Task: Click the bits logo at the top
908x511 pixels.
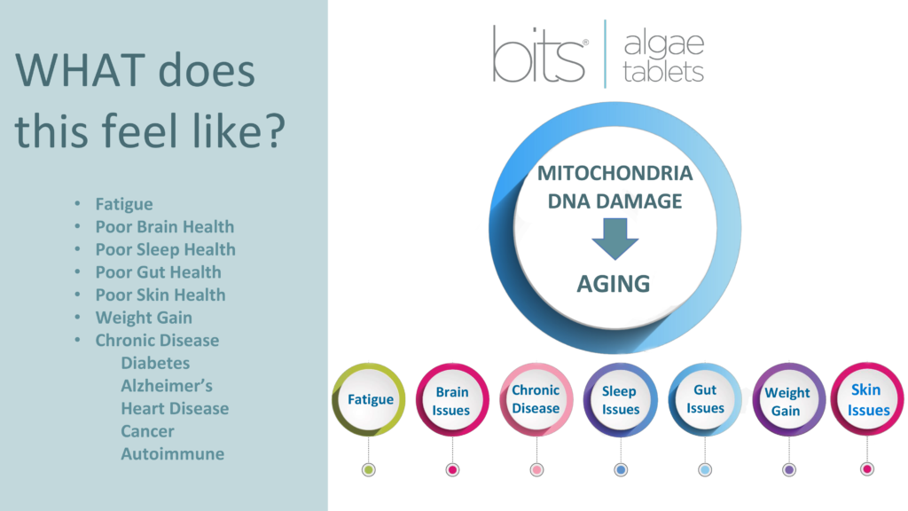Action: [539, 54]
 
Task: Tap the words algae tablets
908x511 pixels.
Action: [663, 58]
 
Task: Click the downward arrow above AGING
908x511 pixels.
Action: [615, 239]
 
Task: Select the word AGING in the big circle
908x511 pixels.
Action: [614, 284]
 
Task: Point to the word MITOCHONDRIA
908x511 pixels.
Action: [615, 173]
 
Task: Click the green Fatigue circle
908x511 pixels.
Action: [369, 399]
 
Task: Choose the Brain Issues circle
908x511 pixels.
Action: [452, 400]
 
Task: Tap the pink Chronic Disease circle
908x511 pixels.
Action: [536, 399]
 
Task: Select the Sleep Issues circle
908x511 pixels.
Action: [620, 400]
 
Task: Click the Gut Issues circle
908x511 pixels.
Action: [705, 399]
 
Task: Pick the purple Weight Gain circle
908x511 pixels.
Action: [788, 400]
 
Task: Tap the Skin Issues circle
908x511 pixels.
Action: [867, 399]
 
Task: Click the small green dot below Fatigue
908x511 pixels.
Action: [368, 470]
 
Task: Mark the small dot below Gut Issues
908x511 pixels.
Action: [705, 470]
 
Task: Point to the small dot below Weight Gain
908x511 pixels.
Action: [788, 470]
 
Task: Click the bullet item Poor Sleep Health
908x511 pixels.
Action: [166, 249]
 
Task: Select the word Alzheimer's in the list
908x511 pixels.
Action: [167, 386]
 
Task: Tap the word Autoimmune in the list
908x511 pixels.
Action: [173, 453]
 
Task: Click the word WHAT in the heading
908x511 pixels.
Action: [80, 71]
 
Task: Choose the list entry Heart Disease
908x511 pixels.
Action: [175, 408]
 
